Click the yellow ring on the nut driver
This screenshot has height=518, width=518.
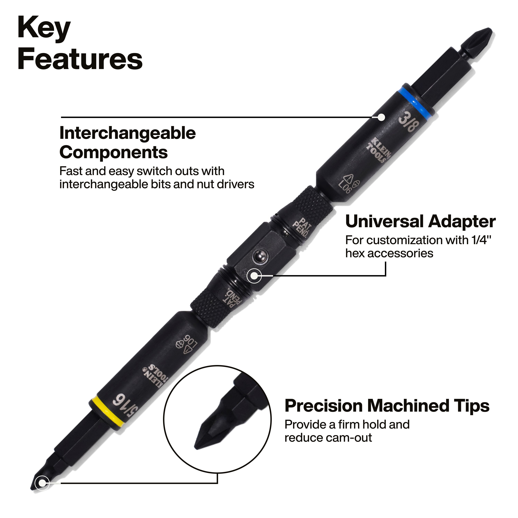107,412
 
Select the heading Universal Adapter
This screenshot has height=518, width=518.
420,222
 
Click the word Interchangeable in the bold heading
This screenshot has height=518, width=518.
128,133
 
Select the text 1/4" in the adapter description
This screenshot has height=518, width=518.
482,240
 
